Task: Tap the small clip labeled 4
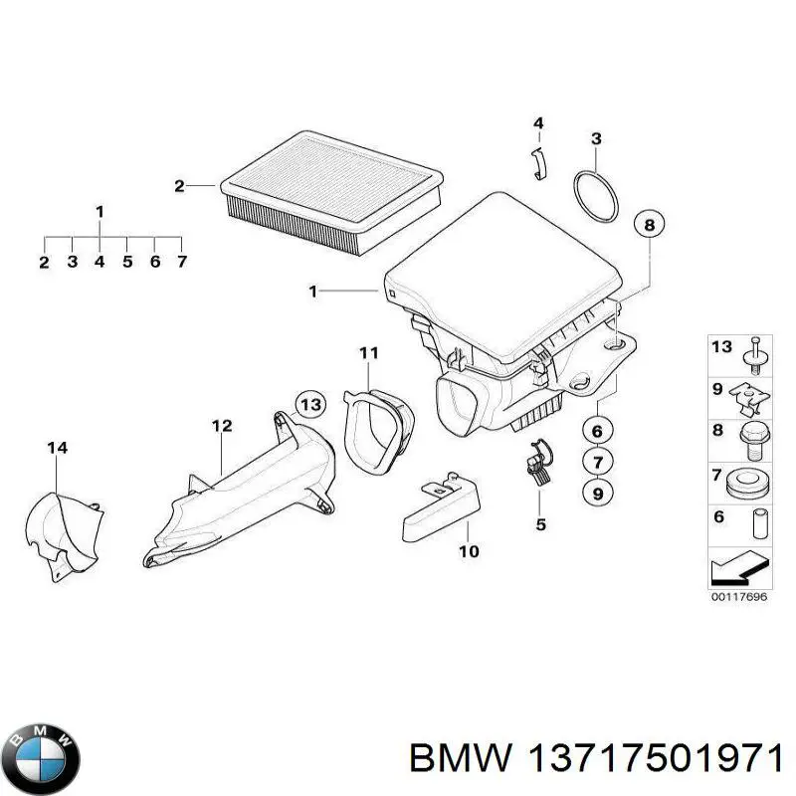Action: click(x=538, y=162)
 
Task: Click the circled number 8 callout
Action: click(x=649, y=226)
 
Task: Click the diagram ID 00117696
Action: click(x=737, y=597)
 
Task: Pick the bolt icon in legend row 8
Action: click(x=752, y=438)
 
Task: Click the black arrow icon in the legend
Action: click(x=737, y=570)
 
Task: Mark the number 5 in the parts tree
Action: click(x=127, y=263)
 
